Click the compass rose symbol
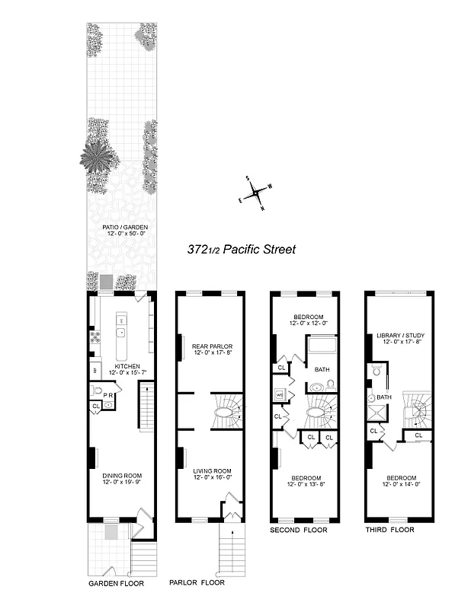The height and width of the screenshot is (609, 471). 258,192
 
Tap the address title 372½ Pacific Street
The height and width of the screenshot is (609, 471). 241,249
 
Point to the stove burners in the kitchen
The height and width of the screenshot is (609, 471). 95,336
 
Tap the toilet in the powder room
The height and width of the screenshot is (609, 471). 96,391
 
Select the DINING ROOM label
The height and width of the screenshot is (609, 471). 123,477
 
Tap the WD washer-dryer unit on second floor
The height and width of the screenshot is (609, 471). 279,396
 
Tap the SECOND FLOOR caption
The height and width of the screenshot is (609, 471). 299,530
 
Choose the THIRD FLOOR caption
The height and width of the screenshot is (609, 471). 389,530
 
